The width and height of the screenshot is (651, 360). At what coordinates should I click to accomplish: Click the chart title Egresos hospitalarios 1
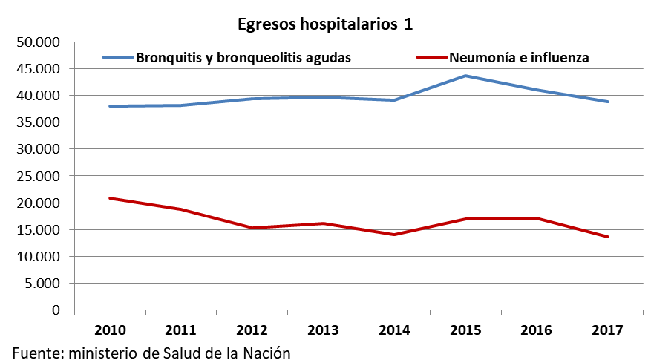coord(324,24)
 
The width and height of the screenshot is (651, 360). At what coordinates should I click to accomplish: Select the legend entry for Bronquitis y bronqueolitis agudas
coord(243,57)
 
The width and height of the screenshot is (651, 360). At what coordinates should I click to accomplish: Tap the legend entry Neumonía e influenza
coord(517,57)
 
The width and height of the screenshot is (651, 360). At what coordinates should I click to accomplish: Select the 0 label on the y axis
coord(56,310)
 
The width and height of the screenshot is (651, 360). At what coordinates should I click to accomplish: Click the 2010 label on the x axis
coord(110,329)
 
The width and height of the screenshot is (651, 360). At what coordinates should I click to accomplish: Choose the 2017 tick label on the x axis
coord(609,329)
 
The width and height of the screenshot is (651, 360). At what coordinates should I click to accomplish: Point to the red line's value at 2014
coord(395,235)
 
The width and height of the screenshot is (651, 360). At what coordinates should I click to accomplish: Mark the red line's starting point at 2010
coord(110,198)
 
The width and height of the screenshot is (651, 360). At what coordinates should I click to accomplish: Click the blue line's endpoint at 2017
coord(609,102)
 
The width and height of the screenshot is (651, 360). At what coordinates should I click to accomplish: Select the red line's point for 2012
coord(252,228)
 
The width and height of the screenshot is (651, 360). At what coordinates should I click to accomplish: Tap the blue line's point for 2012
coord(252,99)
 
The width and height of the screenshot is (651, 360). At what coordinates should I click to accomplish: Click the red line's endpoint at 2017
coord(609,237)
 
